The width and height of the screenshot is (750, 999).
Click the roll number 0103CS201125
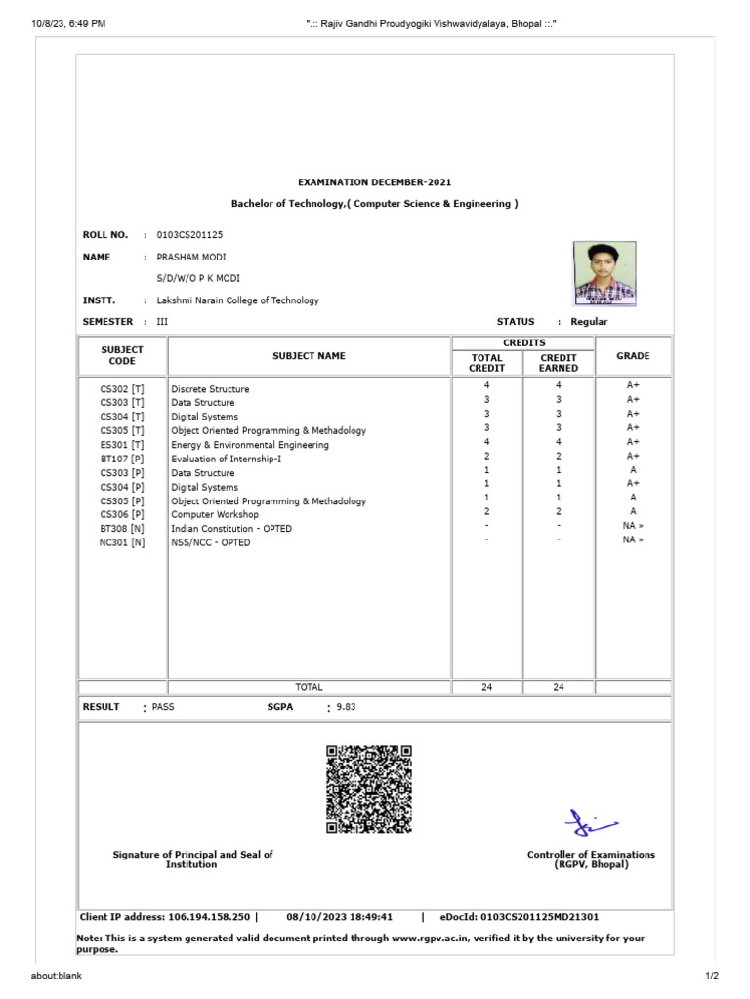click(x=188, y=235)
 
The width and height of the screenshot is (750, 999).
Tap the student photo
click(x=604, y=272)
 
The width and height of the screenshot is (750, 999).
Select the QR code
click(x=368, y=788)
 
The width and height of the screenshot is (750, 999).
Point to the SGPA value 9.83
click(x=347, y=707)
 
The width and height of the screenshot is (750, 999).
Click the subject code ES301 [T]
click(x=122, y=445)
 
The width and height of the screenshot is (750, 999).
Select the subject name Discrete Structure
click(x=210, y=389)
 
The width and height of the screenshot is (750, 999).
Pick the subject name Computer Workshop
click(x=215, y=514)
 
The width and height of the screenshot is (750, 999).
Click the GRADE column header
click(x=633, y=356)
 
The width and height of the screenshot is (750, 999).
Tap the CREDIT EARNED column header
click(x=559, y=363)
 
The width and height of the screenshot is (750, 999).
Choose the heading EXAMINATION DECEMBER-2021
click(x=374, y=182)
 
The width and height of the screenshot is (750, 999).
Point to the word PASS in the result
click(x=163, y=707)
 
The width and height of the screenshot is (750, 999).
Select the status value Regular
click(x=589, y=321)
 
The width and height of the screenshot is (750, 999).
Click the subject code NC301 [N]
click(x=122, y=542)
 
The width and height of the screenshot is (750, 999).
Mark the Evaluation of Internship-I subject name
click(x=226, y=459)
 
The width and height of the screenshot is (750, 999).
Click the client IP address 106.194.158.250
click(x=209, y=917)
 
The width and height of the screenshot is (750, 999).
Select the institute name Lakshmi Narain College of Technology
click(x=237, y=300)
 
